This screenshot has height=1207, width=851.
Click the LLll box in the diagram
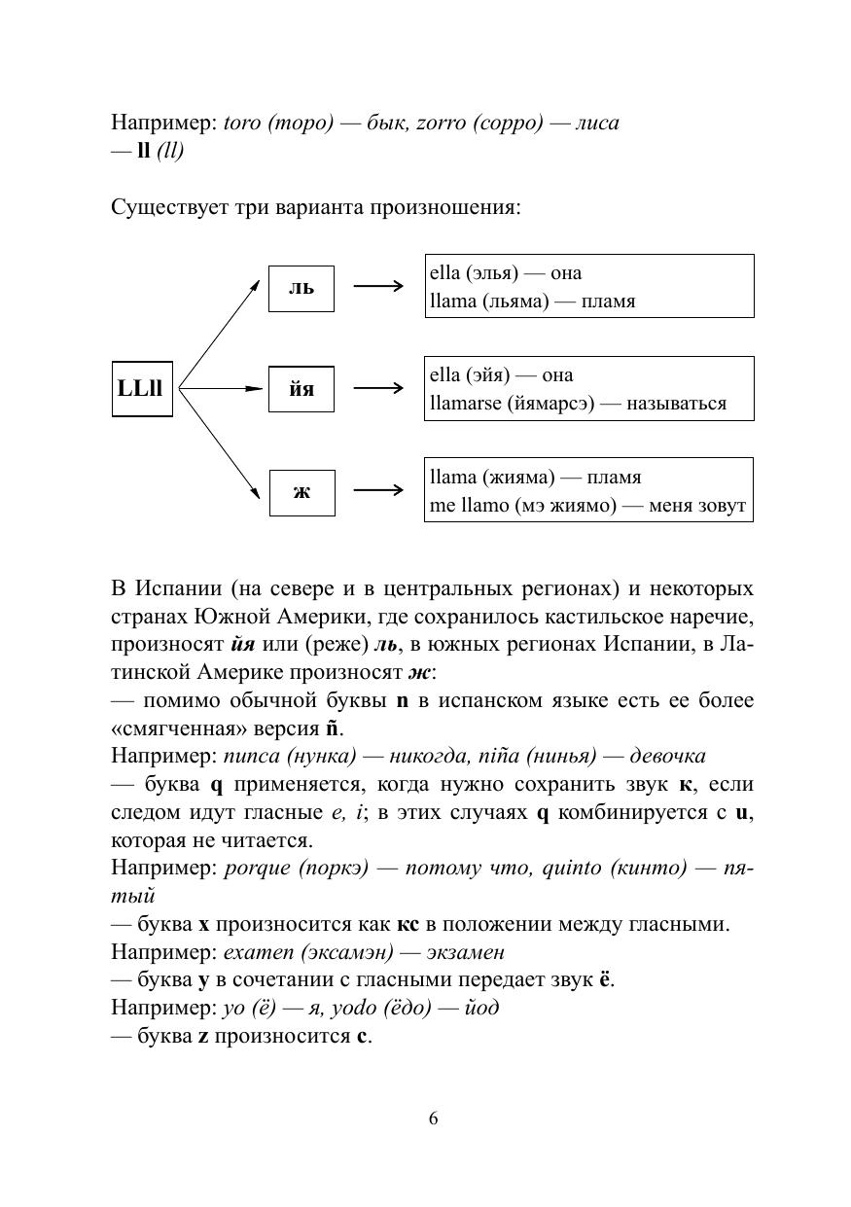click(x=142, y=388)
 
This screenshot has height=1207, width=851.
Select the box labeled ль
click(x=301, y=288)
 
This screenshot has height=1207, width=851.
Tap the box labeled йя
click(x=301, y=389)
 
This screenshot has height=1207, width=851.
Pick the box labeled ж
click(x=301, y=491)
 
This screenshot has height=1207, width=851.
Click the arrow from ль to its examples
click(x=378, y=287)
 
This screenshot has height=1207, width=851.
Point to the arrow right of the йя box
click(x=378, y=389)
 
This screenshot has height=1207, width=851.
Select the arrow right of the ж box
click(x=378, y=490)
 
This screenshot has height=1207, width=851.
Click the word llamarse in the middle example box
click(x=466, y=403)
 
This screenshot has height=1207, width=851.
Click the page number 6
click(x=433, y=1118)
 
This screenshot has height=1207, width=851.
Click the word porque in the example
click(x=252, y=868)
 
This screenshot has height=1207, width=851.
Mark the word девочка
click(x=668, y=756)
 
